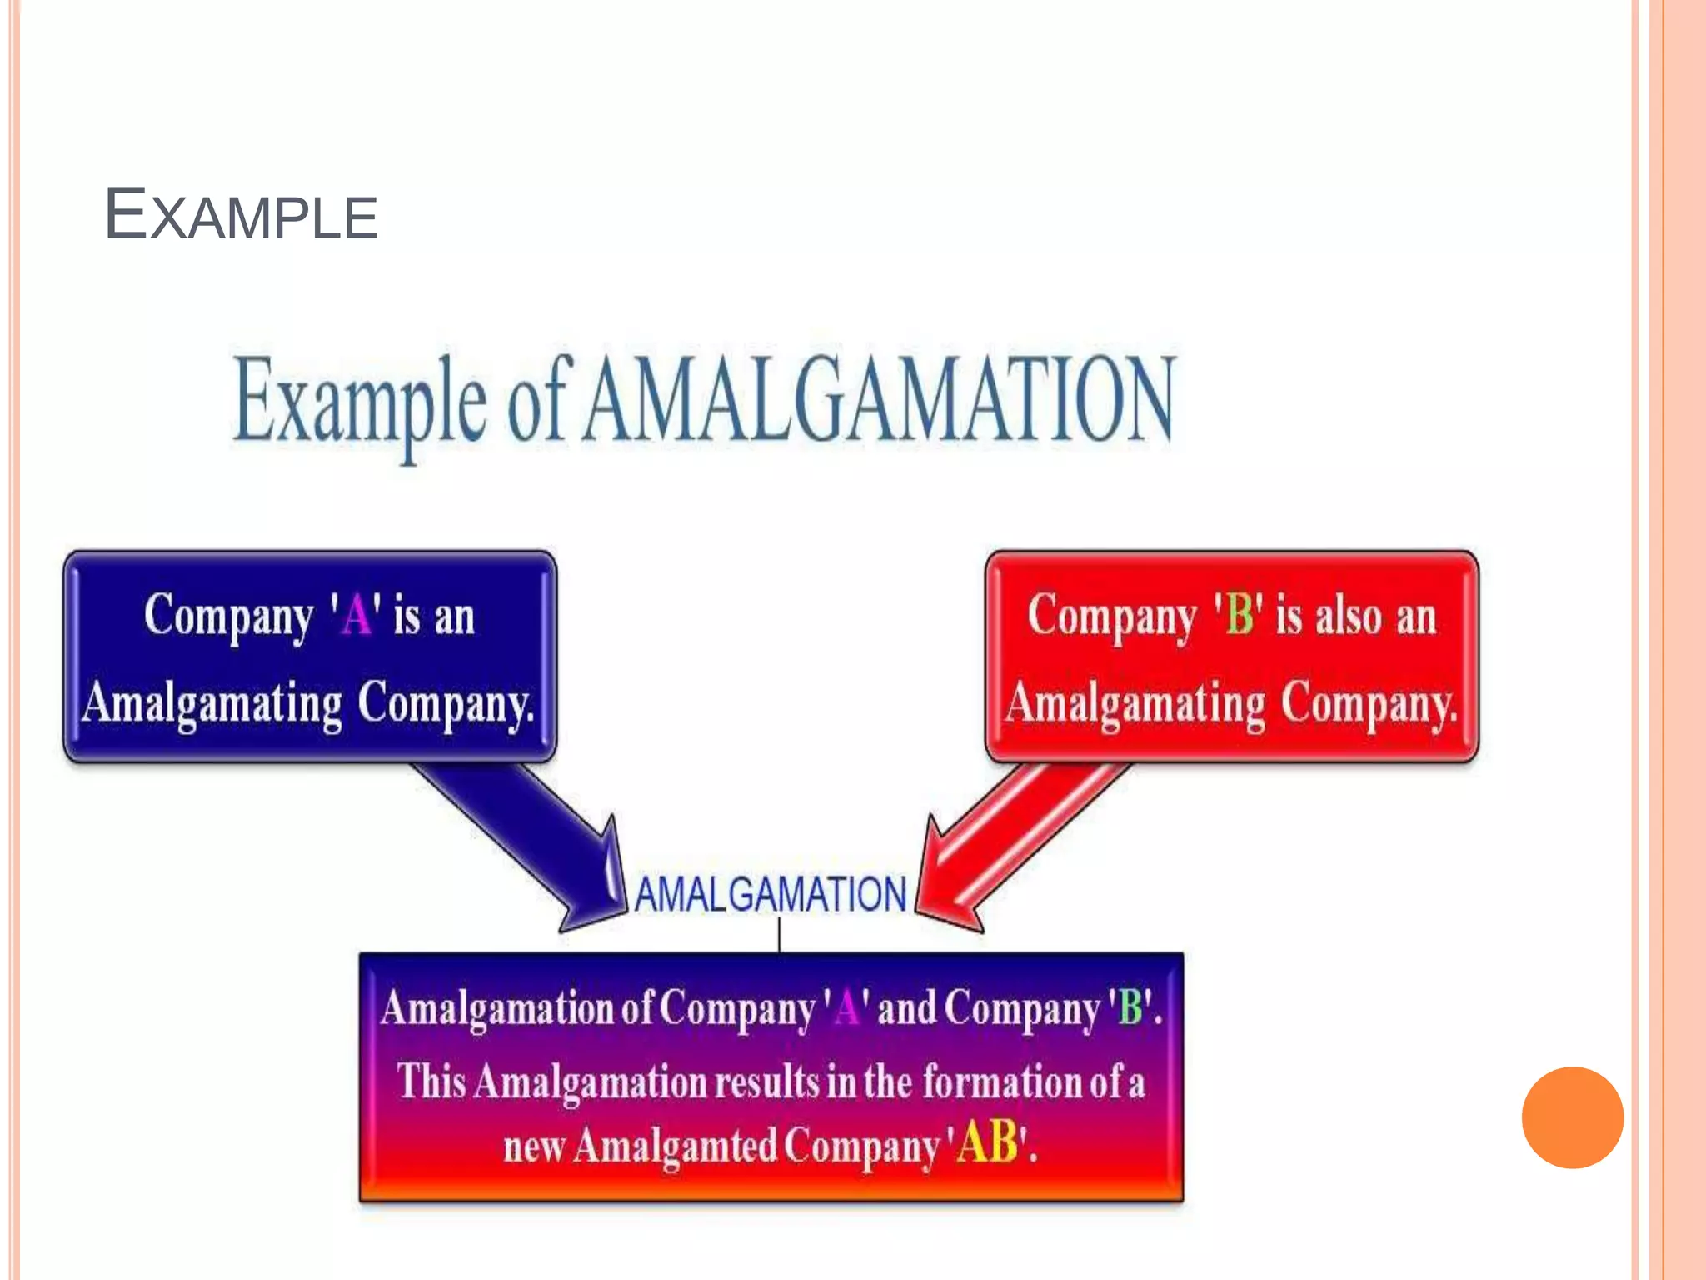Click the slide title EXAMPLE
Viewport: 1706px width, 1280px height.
(x=241, y=215)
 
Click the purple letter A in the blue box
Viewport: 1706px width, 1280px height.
(x=357, y=617)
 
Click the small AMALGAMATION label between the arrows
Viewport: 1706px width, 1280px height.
(x=771, y=895)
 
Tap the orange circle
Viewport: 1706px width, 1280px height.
(x=1572, y=1117)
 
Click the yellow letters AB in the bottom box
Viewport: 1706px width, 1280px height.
(x=988, y=1142)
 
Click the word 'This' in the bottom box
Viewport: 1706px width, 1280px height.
(x=431, y=1082)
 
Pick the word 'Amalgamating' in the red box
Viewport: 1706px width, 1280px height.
(x=1135, y=704)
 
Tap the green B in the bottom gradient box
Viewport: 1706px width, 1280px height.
(x=1130, y=1007)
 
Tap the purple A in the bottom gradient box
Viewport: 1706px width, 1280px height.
(x=846, y=1007)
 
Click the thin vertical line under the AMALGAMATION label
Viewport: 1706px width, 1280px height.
(x=779, y=935)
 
